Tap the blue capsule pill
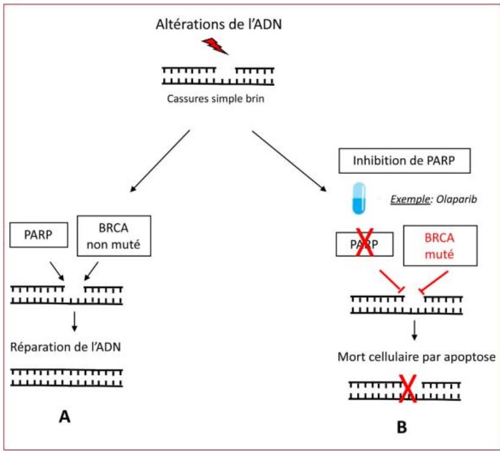click(x=360, y=198)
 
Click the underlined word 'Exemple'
click(x=407, y=198)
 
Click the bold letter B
click(x=402, y=427)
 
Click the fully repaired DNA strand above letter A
click(x=67, y=377)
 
